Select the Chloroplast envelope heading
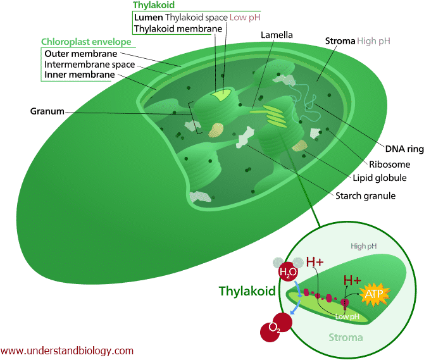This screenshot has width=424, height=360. coord(86,42)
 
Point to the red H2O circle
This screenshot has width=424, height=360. coord(287,271)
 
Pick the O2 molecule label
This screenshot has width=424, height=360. coord(274,328)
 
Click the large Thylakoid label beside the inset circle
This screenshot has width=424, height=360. coord(247,291)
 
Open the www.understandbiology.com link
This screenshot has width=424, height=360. coord(67,351)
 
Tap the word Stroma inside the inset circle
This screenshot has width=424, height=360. coord(347,337)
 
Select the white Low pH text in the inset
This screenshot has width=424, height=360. coord(348,316)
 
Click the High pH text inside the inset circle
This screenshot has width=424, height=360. coord(363,245)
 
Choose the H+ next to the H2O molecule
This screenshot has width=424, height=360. coord(315,261)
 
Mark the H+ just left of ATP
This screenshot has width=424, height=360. coord(352,280)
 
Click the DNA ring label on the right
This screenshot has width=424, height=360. coord(402,149)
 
